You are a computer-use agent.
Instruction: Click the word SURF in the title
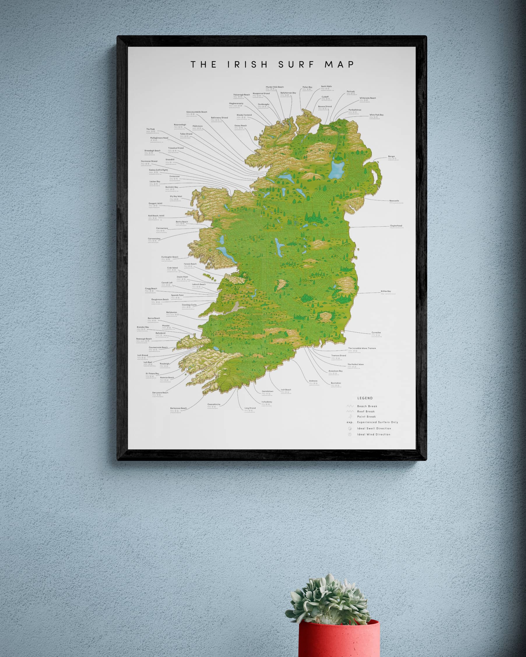(296, 65)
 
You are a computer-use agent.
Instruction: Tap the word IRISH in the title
(247, 65)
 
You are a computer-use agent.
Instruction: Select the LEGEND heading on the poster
(365, 398)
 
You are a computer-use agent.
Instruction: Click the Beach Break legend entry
(367, 406)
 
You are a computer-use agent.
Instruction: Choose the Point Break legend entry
(366, 417)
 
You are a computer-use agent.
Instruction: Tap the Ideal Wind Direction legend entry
(374, 434)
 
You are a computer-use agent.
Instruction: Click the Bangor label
(392, 157)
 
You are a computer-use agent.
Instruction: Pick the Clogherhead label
(396, 226)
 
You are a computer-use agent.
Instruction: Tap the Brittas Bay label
(386, 291)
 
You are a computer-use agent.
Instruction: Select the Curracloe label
(376, 333)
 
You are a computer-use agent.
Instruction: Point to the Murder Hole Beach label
(275, 87)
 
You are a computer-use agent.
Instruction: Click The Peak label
(151, 129)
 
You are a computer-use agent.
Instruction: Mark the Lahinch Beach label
(199, 284)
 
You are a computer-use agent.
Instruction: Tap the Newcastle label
(394, 201)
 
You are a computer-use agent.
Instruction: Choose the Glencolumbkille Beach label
(197, 112)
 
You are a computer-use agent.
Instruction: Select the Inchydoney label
(267, 402)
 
